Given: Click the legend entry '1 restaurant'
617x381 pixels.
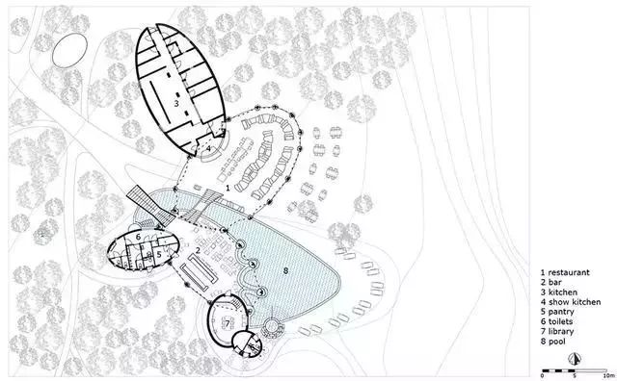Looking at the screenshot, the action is [x=565, y=272].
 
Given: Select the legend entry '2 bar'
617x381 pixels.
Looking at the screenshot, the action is [x=550, y=282].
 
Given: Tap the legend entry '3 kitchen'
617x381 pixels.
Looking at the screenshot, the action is [x=559, y=292].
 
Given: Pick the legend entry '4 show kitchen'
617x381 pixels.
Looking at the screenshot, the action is [x=571, y=302].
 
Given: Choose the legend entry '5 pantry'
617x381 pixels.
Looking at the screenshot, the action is [x=557, y=312].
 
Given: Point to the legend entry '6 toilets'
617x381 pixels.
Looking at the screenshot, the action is [x=556, y=321].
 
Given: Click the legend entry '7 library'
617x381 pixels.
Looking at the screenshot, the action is [x=557, y=332].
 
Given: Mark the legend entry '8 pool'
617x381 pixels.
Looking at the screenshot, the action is [x=552, y=342].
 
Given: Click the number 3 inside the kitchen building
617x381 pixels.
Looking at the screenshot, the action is [x=176, y=103].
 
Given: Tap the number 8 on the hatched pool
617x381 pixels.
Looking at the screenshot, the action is [x=286, y=270].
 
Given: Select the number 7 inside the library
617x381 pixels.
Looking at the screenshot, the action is [x=228, y=324].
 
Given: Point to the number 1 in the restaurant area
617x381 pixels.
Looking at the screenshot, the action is [x=228, y=189].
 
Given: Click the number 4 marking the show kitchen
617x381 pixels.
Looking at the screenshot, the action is [x=208, y=148].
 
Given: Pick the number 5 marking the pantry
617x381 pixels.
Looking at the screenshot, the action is [x=159, y=255].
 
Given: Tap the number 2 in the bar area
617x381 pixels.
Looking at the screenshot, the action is [x=198, y=250].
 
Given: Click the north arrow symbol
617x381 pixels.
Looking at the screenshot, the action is [x=575, y=358].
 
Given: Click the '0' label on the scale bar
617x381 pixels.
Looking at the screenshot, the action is [x=542, y=376].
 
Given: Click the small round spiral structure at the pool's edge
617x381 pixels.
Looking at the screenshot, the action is [x=272, y=327].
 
